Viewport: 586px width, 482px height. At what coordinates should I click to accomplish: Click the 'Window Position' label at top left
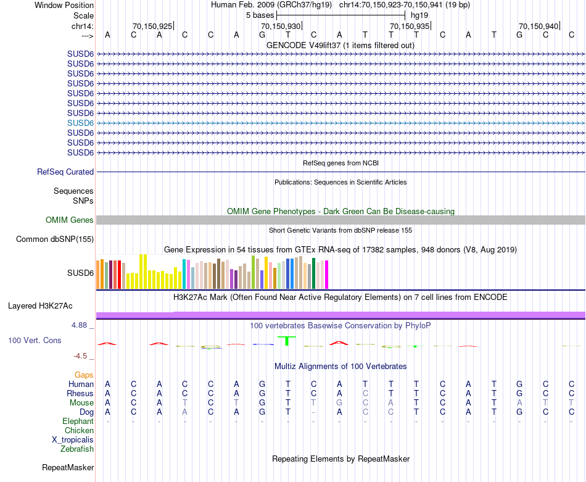(x=64, y=5)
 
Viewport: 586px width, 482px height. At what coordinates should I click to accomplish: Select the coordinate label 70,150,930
(x=281, y=26)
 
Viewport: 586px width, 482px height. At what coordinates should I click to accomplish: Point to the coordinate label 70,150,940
(x=538, y=26)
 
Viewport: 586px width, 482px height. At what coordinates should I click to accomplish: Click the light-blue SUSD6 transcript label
(x=80, y=123)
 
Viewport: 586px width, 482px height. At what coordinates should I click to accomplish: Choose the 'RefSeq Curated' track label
(x=65, y=172)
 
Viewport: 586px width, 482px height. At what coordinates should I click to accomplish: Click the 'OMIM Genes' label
(x=70, y=220)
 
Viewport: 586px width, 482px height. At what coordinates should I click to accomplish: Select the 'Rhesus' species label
(x=81, y=393)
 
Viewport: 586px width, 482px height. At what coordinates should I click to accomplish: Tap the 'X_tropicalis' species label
(x=73, y=439)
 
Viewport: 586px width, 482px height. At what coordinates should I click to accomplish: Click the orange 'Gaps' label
(x=84, y=375)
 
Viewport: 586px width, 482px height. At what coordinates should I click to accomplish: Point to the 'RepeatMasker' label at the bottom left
(x=68, y=467)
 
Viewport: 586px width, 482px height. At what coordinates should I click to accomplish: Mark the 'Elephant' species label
(x=78, y=421)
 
